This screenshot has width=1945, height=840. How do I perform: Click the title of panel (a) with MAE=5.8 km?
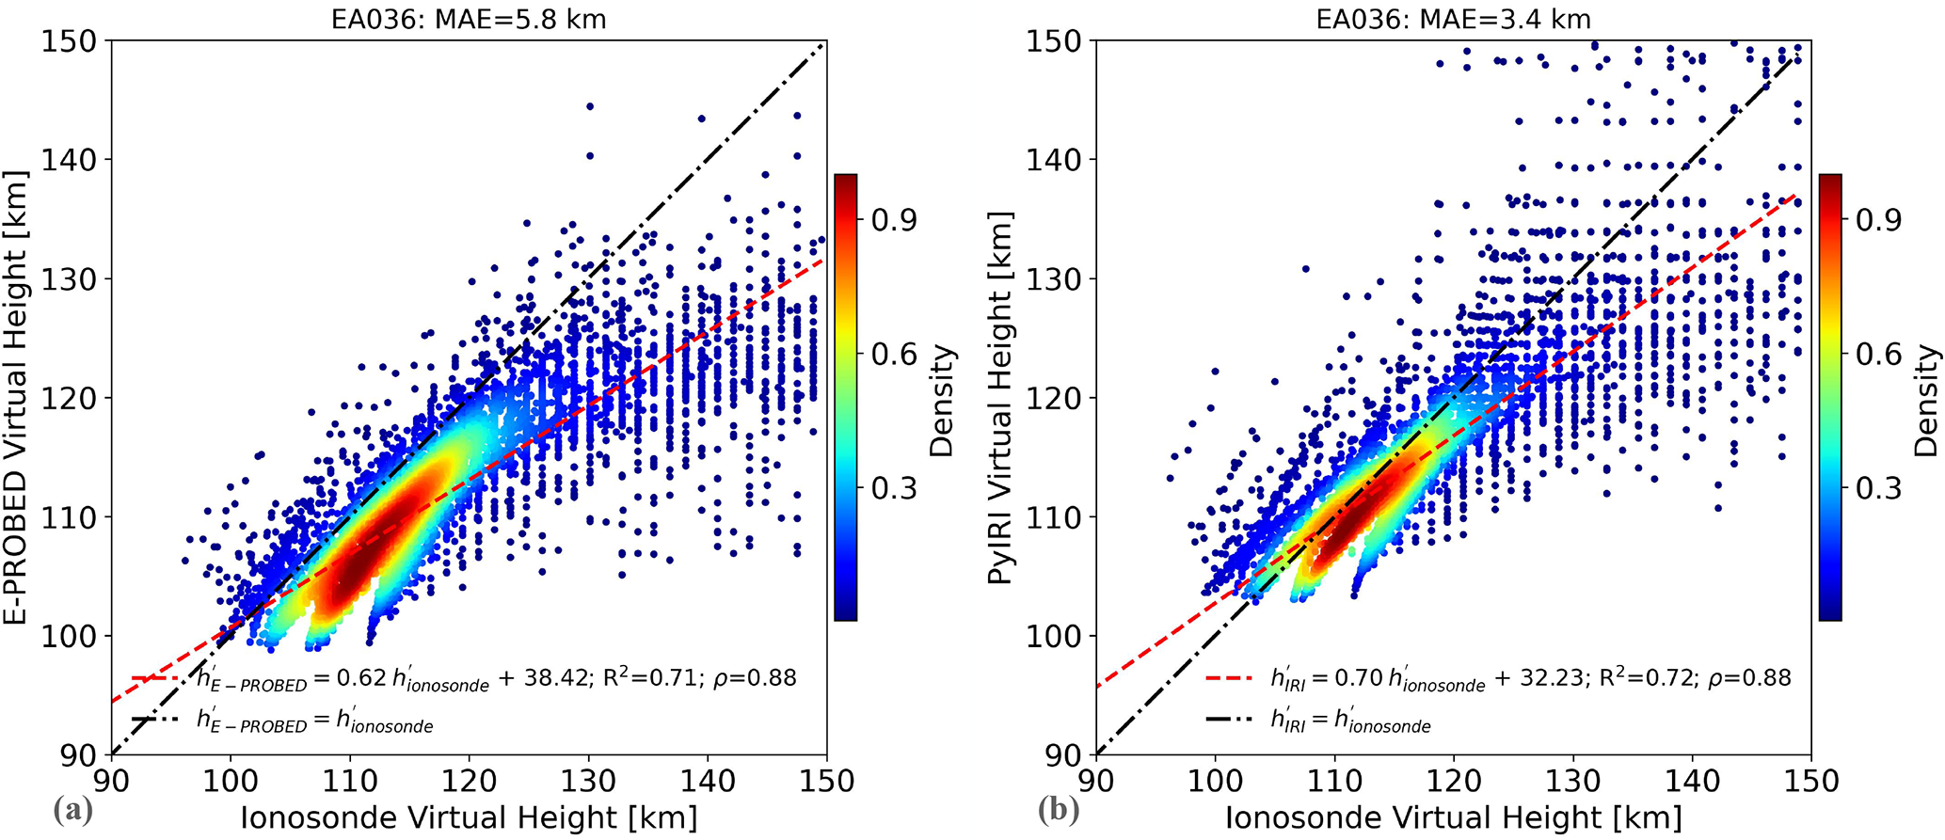pyautogui.click(x=468, y=19)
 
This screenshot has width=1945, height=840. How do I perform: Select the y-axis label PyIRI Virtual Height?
pyautogui.click(x=1001, y=397)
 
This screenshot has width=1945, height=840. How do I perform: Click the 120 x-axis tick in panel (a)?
pyautogui.click(x=470, y=780)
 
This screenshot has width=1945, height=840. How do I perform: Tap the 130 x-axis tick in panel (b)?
pyautogui.click(x=1572, y=780)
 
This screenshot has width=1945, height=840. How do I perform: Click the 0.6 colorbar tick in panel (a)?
pyautogui.click(x=893, y=355)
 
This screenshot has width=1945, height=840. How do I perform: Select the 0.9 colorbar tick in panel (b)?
pyautogui.click(x=1878, y=219)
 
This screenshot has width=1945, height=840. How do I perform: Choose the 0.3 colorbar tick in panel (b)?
pyautogui.click(x=1878, y=488)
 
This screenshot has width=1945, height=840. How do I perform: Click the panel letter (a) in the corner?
pyautogui.click(x=73, y=810)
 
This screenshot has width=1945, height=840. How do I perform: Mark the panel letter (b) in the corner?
pyautogui.click(x=1059, y=810)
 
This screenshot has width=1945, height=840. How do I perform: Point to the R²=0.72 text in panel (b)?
pyautogui.click(x=1642, y=677)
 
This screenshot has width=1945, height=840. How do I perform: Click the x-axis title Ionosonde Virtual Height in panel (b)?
pyautogui.click(x=1453, y=816)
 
